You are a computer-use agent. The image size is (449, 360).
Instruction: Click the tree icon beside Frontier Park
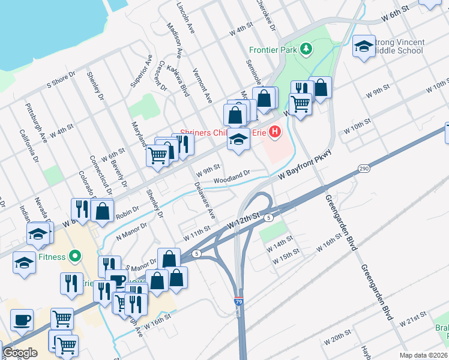click(306, 47)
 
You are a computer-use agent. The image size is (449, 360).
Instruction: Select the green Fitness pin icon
click(75, 257)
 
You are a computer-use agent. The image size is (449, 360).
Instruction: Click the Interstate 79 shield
click(239, 302)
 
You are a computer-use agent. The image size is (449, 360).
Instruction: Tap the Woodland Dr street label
click(232, 177)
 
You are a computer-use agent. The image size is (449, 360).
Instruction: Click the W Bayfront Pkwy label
click(304, 167)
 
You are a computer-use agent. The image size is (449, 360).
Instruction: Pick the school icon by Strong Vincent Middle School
click(364, 47)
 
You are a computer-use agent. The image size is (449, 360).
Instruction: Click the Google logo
click(20, 353)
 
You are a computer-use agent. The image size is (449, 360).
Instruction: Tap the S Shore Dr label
click(61, 80)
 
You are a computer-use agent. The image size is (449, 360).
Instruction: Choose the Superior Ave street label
click(140, 70)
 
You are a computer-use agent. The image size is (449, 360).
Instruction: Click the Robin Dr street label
click(127, 211)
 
